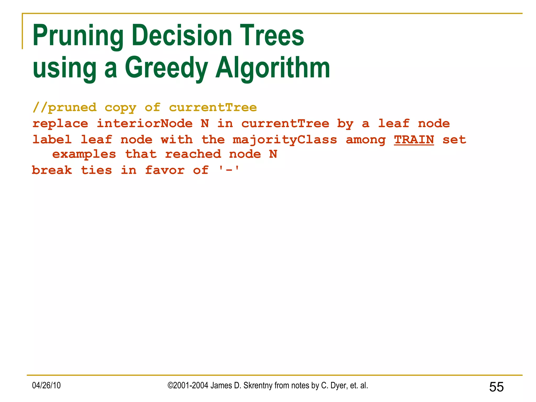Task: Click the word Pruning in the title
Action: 78,36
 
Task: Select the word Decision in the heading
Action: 182,35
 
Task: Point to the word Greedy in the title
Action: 166,68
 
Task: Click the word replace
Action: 60,124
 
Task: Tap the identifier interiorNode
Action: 144,124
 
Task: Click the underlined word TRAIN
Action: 414,139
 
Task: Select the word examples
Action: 84,155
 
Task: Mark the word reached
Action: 193,154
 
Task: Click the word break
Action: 52,170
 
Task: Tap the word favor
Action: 165,170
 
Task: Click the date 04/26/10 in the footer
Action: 46,385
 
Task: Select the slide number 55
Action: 496,387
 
